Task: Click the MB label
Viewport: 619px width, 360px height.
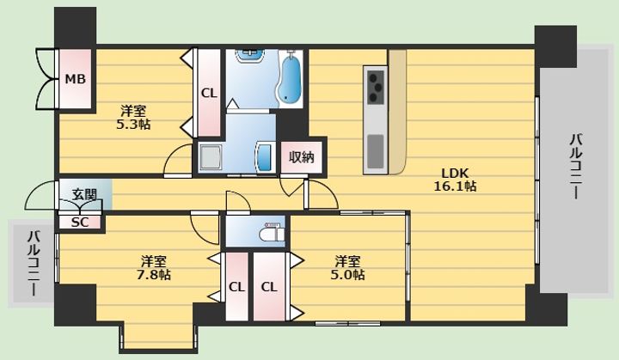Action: click(75, 79)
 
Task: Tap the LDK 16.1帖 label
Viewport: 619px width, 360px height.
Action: click(455, 180)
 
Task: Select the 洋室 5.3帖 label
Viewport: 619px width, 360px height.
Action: click(133, 118)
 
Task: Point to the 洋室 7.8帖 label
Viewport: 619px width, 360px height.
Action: click(154, 267)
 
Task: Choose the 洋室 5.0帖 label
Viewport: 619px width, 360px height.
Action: click(347, 267)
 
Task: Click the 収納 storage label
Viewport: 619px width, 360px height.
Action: click(301, 157)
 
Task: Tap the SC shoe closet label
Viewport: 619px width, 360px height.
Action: click(80, 223)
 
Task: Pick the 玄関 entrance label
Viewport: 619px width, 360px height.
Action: click(84, 194)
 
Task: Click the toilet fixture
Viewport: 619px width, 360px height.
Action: click(272, 233)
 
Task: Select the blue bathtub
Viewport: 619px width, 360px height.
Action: click(290, 79)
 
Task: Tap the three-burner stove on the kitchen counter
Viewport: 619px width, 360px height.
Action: click(376, 87)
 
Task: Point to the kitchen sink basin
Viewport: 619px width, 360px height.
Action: click(376, 151)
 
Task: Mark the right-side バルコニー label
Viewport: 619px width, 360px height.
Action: click(575, 166)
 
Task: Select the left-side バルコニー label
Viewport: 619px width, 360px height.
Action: click(34, 263)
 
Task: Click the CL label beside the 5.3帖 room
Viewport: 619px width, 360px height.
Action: click(209, 94)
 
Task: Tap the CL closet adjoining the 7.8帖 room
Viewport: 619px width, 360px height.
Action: click(236, 287)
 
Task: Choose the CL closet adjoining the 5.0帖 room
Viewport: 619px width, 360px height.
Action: click(269, 287)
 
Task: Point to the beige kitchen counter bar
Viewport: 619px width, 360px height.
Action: click(397, 112)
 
